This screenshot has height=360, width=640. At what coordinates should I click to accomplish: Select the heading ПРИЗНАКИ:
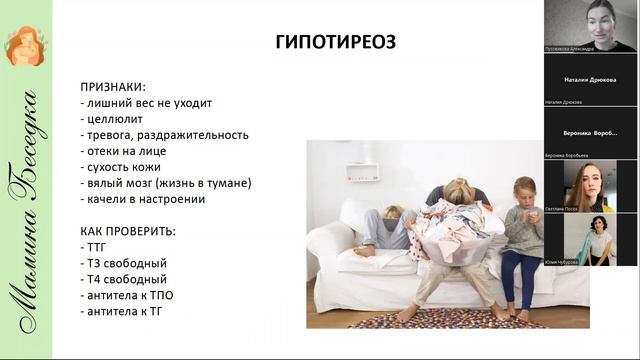(113, 86)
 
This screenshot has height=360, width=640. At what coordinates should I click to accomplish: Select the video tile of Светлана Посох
(590, 185)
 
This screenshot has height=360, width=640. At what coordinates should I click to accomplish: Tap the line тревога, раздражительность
(163, 134)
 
